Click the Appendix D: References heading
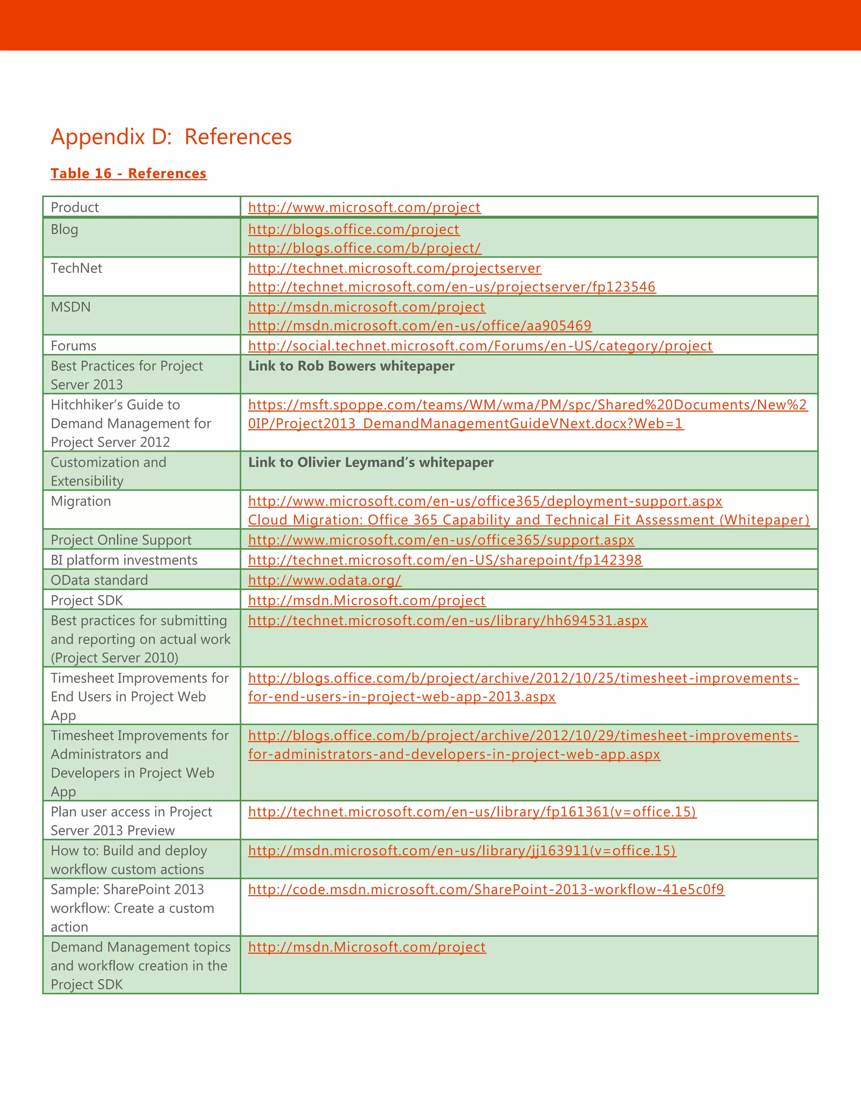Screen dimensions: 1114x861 click(x=172, y=137)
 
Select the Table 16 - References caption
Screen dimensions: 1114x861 click(x=129, y=174)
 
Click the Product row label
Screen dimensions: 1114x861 click(x=74, y=207)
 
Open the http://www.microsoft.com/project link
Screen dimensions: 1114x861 click(x=364, y=207)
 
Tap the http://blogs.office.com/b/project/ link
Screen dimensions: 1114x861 click(x=364, y=248)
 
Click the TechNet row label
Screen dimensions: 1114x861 click(x=76, y=268)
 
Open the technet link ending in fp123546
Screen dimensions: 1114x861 click(x=452, y=287)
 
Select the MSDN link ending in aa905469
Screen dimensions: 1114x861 click(x=419, y=325)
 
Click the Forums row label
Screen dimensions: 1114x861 click(x=74, y=346)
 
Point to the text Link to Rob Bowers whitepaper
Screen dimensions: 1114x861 click(x=351, y=366)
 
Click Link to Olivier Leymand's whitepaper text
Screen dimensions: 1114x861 click(x=371, y=462)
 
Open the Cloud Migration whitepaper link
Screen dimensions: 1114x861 click(x=528, y=520)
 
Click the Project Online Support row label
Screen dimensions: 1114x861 click(x=121, y=540)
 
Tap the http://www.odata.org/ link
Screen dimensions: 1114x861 click(x=325, y=580)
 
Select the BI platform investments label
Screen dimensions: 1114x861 click(x=124, y=560)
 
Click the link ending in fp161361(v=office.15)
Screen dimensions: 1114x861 click(x=472, y=811)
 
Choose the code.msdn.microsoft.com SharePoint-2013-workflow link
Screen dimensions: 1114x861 click(x=486, y=889)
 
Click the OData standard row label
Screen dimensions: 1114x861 click(x=99, y=580)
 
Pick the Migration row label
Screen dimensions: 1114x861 click(x=81, y=501)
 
